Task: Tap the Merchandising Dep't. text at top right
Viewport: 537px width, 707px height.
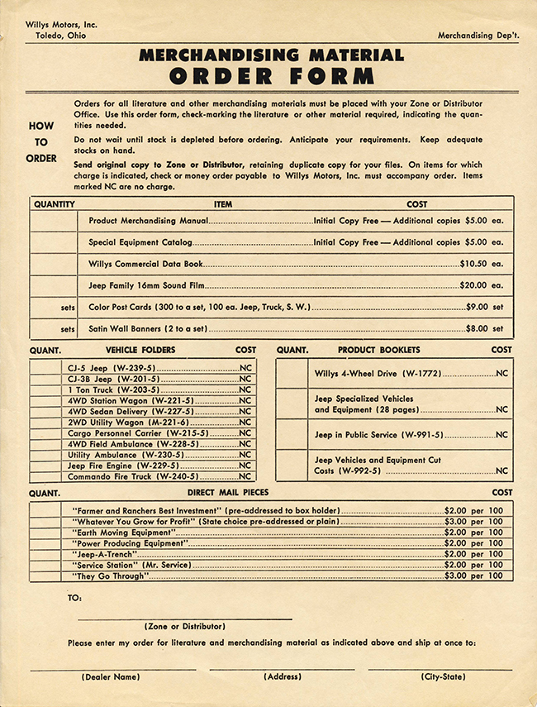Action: [x=478, y=36]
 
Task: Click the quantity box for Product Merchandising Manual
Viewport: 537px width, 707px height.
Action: [x=55, y=222]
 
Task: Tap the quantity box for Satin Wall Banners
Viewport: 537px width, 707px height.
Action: [x=55, y=328]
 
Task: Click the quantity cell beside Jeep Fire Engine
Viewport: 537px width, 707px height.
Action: [x=46, y=466]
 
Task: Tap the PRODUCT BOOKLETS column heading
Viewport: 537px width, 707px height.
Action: [x=378, y=350]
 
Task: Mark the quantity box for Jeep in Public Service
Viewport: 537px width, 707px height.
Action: [x=292, y=434]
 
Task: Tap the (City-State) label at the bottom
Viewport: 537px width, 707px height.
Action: [x=443, y=677]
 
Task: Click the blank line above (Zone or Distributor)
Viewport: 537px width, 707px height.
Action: [x=185, y=618]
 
